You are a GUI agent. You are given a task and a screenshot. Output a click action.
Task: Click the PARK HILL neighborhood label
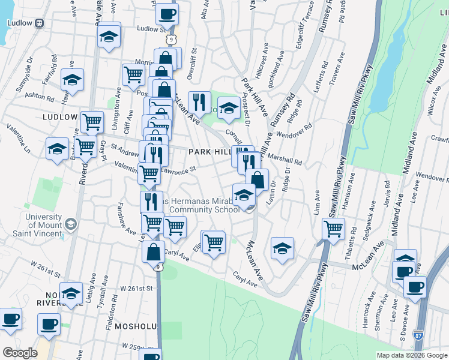pos(208,152)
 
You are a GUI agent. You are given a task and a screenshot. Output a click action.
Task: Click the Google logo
pos(20,353)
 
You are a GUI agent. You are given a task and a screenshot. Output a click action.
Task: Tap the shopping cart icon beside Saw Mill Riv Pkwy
pos(333,229)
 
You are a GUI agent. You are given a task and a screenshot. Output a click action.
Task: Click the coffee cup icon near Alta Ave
pos(167,13)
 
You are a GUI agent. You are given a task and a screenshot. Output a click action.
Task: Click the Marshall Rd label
pos(289,160)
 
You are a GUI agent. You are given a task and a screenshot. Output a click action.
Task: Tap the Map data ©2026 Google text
pos(411,355)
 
